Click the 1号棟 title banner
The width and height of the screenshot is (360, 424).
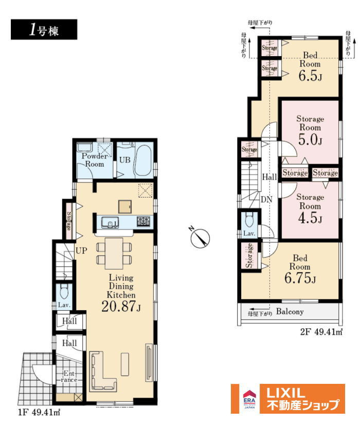pyautogui.click(x=44, y=29)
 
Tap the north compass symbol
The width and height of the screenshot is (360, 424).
pyautogui.click(x=200, y=237)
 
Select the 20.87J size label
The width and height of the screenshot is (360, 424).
pyautogui.click(x=121, y=306)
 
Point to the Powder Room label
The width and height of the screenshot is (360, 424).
pyautogui.click(x=94, y=160)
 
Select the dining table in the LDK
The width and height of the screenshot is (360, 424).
pyautogui.click(x=114, y=253)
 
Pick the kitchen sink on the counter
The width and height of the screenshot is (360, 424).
pyautogui.click(x=110, y=222)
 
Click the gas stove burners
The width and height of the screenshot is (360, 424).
pyautogui.click(x=143, y=222)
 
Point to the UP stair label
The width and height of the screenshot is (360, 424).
pyautogui.click(x=81, y=251)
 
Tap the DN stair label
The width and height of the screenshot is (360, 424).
pyautogui.click(x=266, y=200)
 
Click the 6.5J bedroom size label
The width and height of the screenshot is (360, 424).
pyautogui.click(x=310, y=76)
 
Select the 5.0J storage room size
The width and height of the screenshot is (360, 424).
pyautogui.click(x=310, y=139)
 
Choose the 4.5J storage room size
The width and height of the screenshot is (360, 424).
pyautogui.click(x=310, y=218)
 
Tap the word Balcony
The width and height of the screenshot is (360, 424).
pyautogui.click(x=290, y=312)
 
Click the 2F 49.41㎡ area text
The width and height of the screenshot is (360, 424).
pyautogui.click(x=321, y=331)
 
